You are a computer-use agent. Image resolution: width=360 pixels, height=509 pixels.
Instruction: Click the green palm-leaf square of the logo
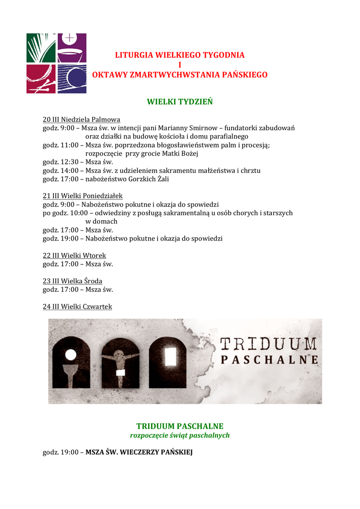click(x=41, y=48)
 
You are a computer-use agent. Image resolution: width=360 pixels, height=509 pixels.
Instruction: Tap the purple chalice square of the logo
click(x=72, y=48)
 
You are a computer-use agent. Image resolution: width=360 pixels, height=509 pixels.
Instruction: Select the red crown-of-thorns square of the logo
click(x=41, y=79)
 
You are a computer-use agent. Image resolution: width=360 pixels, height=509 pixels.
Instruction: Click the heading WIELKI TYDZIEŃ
click(x=180, y=102)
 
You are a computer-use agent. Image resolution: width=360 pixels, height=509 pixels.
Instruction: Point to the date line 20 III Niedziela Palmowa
click(x=82, y=120)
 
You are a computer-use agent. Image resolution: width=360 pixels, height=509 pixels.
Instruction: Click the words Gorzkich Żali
click(x=149, y=179)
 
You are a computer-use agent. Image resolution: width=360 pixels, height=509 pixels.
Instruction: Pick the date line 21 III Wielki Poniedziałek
click(x=83, y=196)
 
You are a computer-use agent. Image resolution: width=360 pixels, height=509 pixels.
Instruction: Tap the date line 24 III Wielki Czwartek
click(x=78, y=307)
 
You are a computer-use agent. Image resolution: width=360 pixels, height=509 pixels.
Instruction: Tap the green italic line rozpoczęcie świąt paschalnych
click(x=180, y=435)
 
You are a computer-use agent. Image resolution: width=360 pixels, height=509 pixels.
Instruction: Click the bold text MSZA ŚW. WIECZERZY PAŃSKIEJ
click(x=139, y=452)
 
